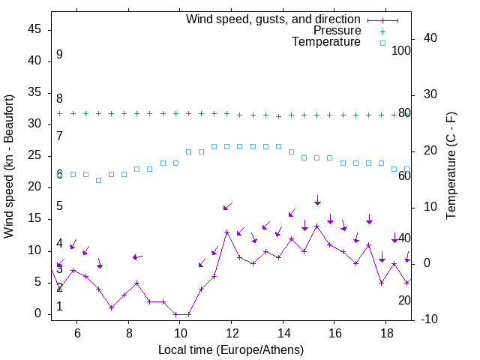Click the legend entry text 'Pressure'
tap(337, 31)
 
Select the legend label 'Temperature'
tap(326, 42)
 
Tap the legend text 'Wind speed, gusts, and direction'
tap(274, 19)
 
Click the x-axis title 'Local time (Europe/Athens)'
tap(231, 350)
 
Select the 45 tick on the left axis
tap(34, 29)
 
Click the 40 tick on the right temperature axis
tap(424, 38)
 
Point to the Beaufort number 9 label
tap(59, 55)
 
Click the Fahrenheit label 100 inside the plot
tap(401, 50)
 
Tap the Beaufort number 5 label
tap(59, 206)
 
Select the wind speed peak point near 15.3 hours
tap(317, 226)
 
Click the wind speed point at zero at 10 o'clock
tap(175, 314)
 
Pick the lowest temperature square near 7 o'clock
tap(98, 180)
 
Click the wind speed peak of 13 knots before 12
tap(226, 232)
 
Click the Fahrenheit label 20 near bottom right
tap(404, 300)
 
